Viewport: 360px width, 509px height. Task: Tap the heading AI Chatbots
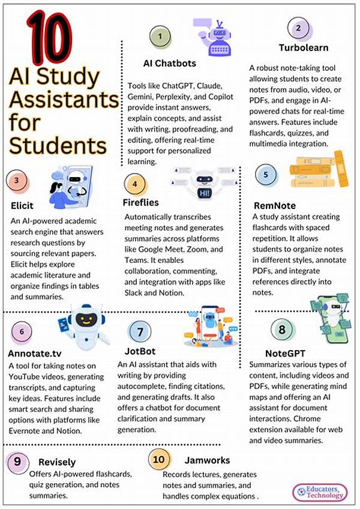(169, 63)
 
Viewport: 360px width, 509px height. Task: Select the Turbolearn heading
(304, 47)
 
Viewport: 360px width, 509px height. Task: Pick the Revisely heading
(58, 462)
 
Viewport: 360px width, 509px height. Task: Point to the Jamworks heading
(208, 462)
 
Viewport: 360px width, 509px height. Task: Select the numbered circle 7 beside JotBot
(140, 332)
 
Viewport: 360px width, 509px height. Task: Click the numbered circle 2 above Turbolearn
(298, 28)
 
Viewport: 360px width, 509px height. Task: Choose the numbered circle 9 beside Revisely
(18, 463)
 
